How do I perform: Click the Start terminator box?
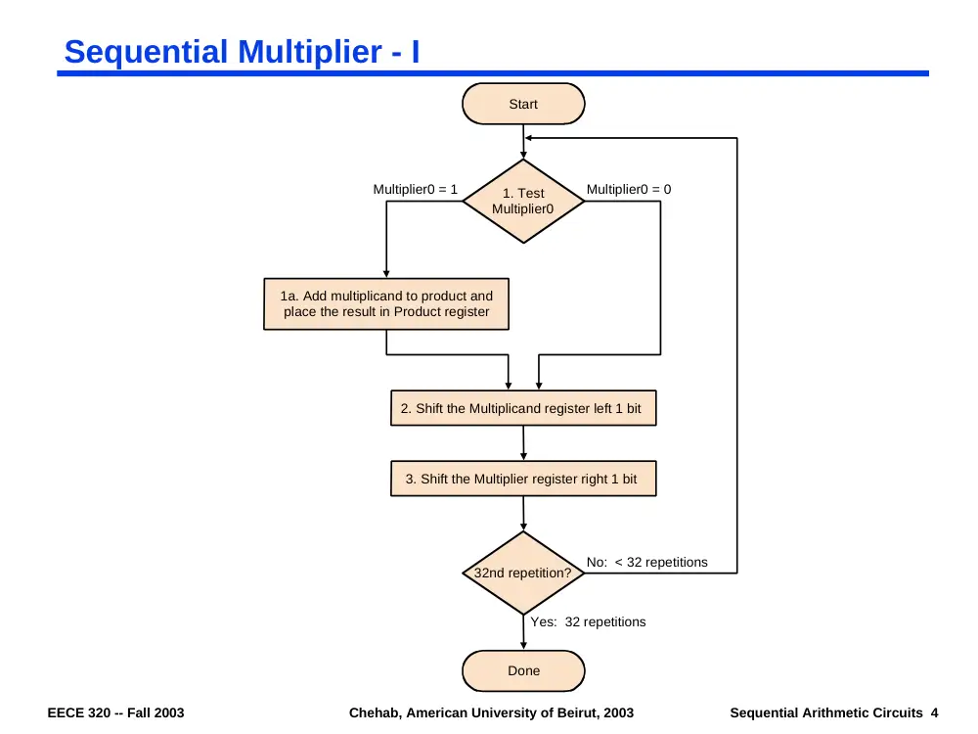tap(523, 104)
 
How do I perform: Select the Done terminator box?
tap(523, 671)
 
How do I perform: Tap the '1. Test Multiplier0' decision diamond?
tap(523, 201)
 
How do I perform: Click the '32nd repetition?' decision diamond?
tap(523, 573)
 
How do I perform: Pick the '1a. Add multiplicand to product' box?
tap(386, 304)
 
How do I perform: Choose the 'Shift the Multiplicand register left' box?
tap(523, 408)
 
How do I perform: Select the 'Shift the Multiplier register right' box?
tap(523, 479)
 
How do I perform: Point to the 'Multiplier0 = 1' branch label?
tap(415, 189)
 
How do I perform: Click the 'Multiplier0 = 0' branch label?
tap(629, 189)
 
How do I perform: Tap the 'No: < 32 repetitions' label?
tap(646, 563)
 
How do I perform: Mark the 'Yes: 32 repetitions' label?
tap(588, 621)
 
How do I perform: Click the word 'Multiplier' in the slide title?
tap(309, 52)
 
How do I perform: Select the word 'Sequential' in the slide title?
tap(146, 52)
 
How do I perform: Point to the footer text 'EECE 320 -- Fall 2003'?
tap(116, 712)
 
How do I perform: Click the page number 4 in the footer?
tap(934, 712)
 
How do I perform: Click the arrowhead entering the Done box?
tap(523, 645)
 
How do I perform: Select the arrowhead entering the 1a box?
tap(386, 273)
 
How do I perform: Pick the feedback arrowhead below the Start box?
tap(529, 138)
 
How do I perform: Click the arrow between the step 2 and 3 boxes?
tap(523, 443)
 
